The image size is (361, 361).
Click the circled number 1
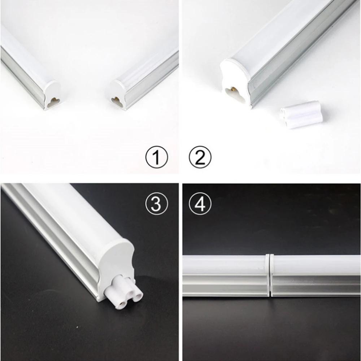[x=157, y=157]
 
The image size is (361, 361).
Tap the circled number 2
[x=200, y=157]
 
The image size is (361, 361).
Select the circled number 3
[x=157, y=204]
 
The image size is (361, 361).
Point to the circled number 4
[x=200, y=204]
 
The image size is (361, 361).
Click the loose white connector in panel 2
[x=301, y=115]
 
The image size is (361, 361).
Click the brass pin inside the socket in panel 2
[x=234, y=89]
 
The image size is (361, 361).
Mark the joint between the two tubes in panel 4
[x=270, y=275]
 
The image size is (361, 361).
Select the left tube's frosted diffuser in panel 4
[x=225, y=265]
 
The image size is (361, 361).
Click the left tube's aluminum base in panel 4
[x=225, y=285]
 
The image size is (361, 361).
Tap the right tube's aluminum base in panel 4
[x=316, y=286]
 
